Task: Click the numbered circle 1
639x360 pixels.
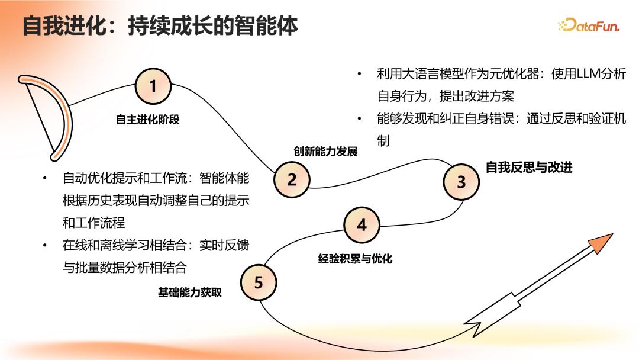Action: coord(153,86)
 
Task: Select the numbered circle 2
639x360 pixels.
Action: coord(292,179)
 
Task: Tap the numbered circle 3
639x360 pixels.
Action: coord(461,182)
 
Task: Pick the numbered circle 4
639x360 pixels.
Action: coord(362,225)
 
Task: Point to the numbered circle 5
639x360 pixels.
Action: coord(259,282)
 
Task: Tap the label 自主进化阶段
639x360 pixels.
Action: coord(147,120)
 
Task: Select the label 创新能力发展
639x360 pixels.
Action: coord(325,151)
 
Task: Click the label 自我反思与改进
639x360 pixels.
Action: coord(529,168)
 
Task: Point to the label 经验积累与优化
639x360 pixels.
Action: coord(356,259)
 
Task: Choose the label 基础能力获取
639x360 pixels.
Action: coord(189,292)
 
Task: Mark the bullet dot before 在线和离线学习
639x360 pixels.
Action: coord(44,245)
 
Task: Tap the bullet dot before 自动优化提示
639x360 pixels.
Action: coord(44,178)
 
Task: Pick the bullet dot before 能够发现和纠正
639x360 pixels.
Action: coord(359,118)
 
